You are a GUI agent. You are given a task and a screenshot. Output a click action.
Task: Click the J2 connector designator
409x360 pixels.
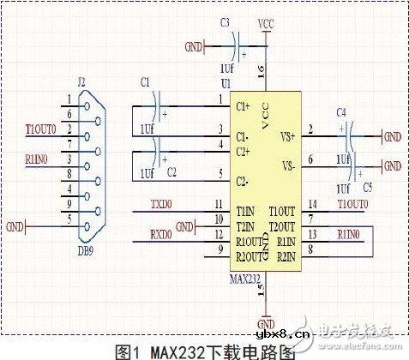tap(81, 82)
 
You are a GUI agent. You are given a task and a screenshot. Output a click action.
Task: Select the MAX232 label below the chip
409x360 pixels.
tap(244, 279)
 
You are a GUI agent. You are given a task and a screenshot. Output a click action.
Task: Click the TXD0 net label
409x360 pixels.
tap(161, 205)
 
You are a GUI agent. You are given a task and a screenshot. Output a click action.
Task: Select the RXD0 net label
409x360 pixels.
tap(161, 232)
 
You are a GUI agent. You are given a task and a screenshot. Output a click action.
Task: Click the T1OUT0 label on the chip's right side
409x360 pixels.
tap(352, 204)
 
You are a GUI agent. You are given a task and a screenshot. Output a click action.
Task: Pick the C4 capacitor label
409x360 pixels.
tap(341, 111)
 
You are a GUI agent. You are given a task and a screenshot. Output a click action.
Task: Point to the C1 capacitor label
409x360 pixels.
tap(144, 81)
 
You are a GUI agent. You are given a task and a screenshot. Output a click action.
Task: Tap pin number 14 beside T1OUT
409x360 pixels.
tap(313, 204)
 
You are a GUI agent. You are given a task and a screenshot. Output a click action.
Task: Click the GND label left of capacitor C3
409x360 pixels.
tap(194, 45)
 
